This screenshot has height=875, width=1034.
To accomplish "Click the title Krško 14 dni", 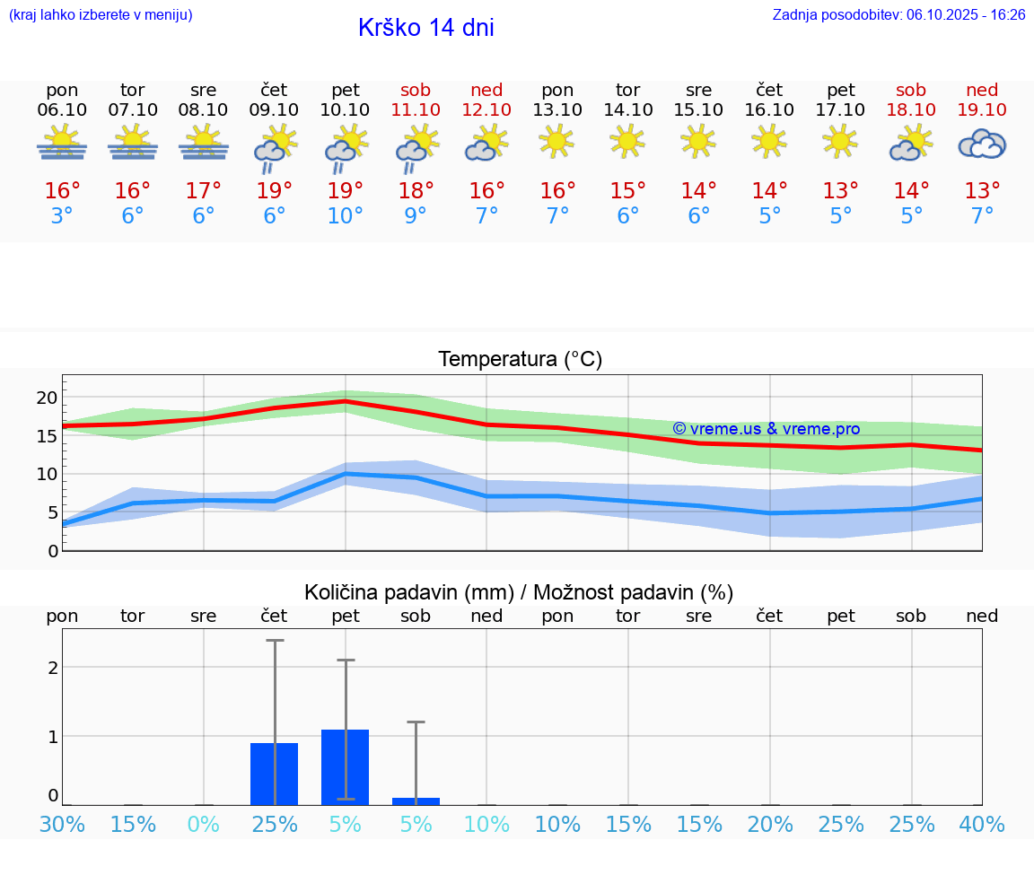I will pos(425,28).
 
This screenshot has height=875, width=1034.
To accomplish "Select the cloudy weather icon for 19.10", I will pos(982,144).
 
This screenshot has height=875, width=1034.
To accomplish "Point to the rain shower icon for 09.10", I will pos(274,147).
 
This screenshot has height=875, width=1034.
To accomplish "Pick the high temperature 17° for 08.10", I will pos(204,190).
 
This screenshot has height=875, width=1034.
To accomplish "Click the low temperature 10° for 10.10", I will pos(346,216).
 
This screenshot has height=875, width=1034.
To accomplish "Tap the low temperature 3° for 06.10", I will pos(62,216).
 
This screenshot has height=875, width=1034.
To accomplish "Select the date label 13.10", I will pos(557,109).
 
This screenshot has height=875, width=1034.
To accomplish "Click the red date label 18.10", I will pos(911,109).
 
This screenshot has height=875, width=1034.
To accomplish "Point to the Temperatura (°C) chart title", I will pos(520,360).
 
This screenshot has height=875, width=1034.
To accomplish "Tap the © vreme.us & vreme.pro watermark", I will pos(766,429).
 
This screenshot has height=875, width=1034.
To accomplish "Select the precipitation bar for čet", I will pos(274,774).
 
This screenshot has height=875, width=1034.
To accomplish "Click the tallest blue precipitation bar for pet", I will pos(346,767).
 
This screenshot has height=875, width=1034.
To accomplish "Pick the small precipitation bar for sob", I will pos(416,801).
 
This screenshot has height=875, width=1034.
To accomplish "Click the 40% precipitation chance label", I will pos(982,825).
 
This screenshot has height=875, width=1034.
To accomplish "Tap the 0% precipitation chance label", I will pos(204,825).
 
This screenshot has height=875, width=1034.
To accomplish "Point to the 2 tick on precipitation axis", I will pos(53,667).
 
